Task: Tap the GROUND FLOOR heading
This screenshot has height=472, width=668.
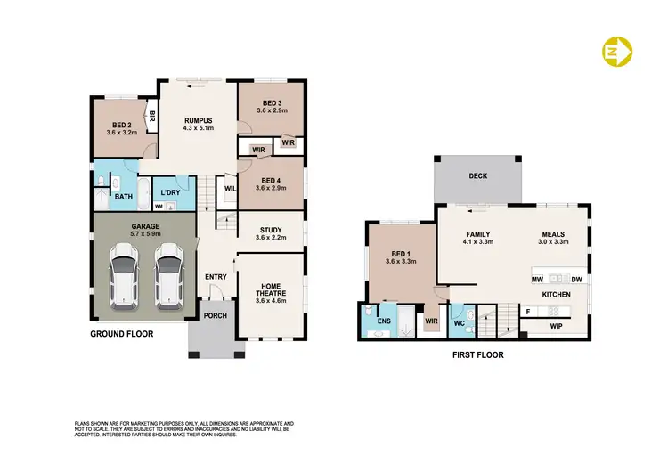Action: (x=122, y=334)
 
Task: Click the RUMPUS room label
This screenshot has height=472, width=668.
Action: (x=197, y=119)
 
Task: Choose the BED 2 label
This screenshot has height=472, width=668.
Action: (x=123, y=126)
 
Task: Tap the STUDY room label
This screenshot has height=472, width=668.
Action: (x=270, y=229)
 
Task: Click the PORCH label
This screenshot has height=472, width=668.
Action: (x=215, y=315)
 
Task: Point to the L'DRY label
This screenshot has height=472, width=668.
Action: (x=171, y=192)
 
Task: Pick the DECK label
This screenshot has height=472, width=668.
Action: (x=478, y=176)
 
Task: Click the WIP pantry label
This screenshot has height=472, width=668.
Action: (x=557, y=326)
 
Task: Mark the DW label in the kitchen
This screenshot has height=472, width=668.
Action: (x=577, y=280)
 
